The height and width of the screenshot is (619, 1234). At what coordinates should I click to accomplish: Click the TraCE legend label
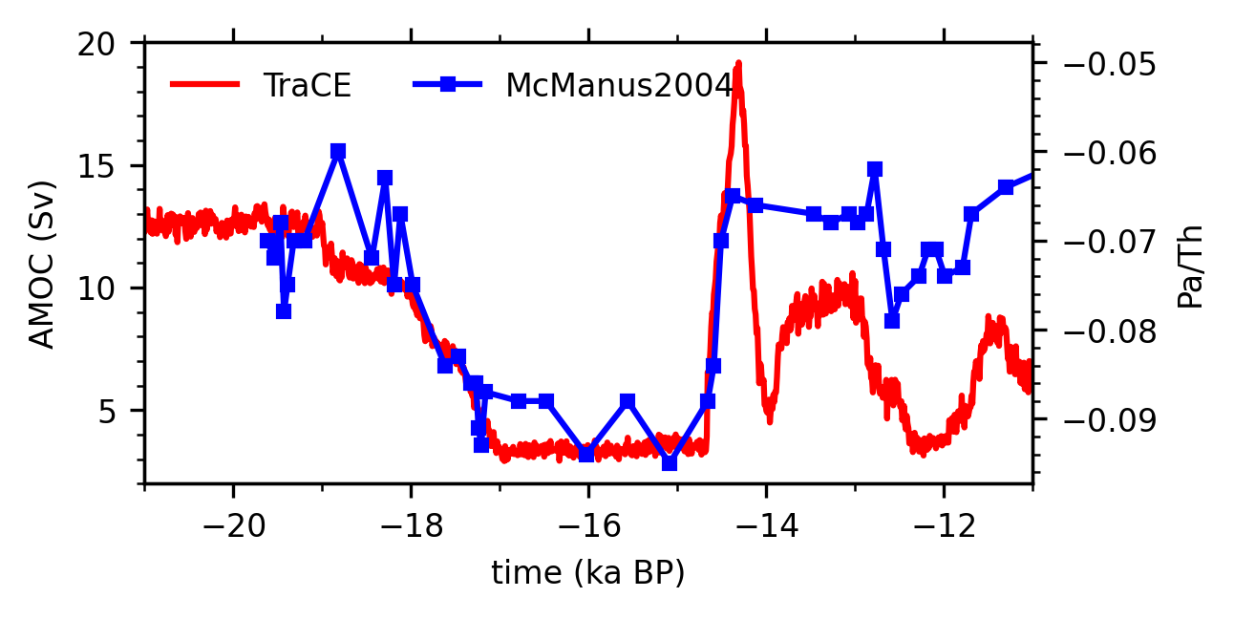[308, 86]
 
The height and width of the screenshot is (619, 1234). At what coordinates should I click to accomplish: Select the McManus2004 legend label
[618, 86]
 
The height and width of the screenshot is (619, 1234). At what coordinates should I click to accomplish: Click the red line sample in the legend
[204, 84]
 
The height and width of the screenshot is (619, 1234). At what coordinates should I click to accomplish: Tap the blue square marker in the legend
[447, 84]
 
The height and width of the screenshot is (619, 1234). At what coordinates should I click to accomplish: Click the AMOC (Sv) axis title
[42, 263]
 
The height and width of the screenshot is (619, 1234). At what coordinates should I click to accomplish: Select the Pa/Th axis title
[1190, 267]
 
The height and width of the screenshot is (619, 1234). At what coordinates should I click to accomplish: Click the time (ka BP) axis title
[587, 573]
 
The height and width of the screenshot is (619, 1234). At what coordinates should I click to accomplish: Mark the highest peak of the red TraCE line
[738, 63]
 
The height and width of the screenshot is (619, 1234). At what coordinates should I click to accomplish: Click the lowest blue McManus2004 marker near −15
[670, 463]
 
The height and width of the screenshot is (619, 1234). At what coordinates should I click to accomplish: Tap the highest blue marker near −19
[338, 152]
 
